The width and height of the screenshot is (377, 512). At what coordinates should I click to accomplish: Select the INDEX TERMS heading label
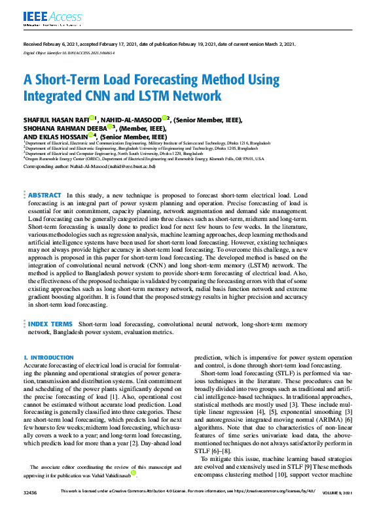(x=50, y=324)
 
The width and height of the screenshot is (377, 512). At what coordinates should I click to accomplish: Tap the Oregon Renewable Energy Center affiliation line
(x=144, y=158)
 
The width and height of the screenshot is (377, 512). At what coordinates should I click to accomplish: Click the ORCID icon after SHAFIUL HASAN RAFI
(x=92, y=118)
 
